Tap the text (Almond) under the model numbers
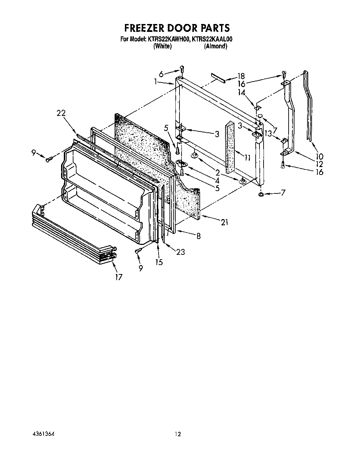point(216,46)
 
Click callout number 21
point(224,223)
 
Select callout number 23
point(180,252)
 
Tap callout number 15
point(159,262)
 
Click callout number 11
point(247,158)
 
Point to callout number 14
point(242,92)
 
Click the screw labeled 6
point(182,70)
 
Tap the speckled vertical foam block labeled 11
point(230,147)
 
